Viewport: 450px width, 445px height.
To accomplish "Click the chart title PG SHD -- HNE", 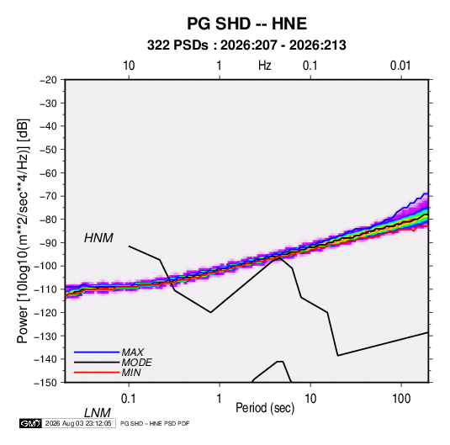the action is (246, 24).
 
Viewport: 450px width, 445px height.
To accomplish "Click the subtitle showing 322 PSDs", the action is (246, 45).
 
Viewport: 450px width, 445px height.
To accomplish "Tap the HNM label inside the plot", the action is (98, 238).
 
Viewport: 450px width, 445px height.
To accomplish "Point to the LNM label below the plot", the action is (98, 413).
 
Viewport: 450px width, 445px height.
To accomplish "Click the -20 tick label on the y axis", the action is (48, 80).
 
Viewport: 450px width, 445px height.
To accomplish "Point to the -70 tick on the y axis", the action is (48, 196).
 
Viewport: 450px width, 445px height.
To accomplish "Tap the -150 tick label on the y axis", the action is (45, 383).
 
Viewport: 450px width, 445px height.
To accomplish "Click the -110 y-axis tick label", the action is (45, 289).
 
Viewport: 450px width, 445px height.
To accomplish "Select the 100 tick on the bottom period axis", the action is (401, 399).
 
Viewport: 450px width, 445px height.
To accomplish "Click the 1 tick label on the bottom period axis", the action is (220, 399).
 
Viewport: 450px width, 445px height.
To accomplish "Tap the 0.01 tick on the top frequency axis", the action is (400, 66).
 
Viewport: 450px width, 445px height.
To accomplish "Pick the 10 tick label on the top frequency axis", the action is (129, 66).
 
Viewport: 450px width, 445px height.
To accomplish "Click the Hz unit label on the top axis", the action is (265, 66).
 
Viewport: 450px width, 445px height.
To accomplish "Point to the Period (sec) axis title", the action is (265, 408).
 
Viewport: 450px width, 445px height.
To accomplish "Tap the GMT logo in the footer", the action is (30, 423).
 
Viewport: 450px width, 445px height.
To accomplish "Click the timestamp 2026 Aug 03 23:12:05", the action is (78, 423).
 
